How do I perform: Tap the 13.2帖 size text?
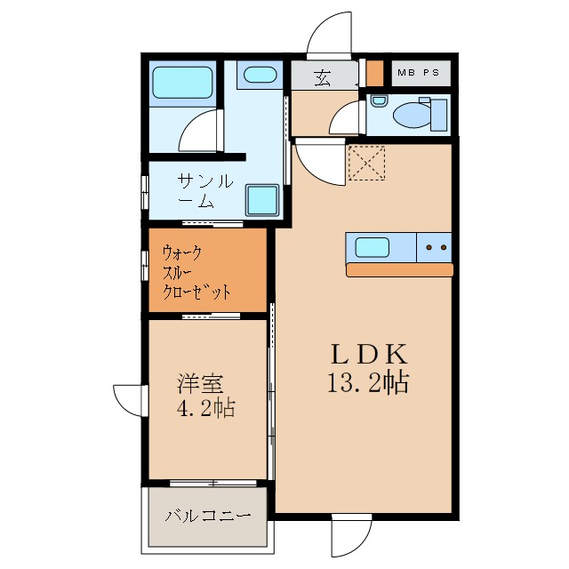click(x=369, y=384)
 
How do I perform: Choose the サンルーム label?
click(x=204, y=191)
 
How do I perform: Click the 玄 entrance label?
click(x=322, y=77)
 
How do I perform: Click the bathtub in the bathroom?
click(x=181, y=84)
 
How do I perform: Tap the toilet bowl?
click(x=413, y=115)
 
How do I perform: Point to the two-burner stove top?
click(x=435, y=247)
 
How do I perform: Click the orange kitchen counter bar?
click(x=399, y=269)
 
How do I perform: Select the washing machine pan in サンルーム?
click(x=262, y=199)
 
